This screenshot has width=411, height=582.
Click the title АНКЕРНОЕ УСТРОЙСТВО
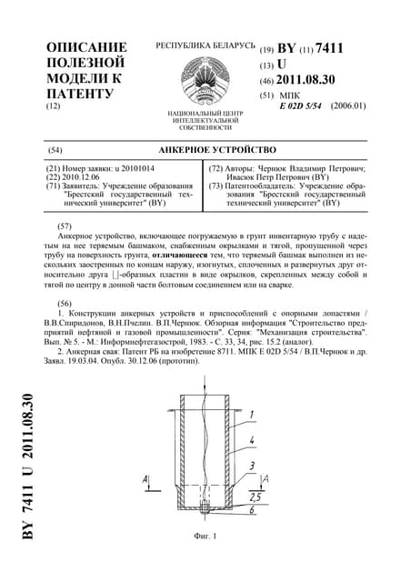tap(205, 149)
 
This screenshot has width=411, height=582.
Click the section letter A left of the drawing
tap(145, 478)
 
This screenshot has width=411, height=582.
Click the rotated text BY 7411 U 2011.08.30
tap(27, 468)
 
